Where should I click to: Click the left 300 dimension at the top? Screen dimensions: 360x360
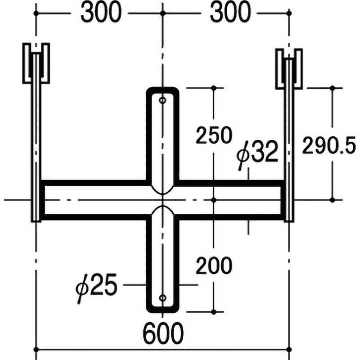point(101,13)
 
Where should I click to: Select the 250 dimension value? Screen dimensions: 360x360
point(213,135)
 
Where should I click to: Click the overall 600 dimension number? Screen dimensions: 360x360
point(163,333)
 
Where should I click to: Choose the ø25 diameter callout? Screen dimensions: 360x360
point(97,285)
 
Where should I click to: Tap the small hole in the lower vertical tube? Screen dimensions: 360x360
point(162,297)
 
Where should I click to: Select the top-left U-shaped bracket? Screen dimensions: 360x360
point(36,63)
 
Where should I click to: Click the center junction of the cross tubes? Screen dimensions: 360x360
point(162,200)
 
